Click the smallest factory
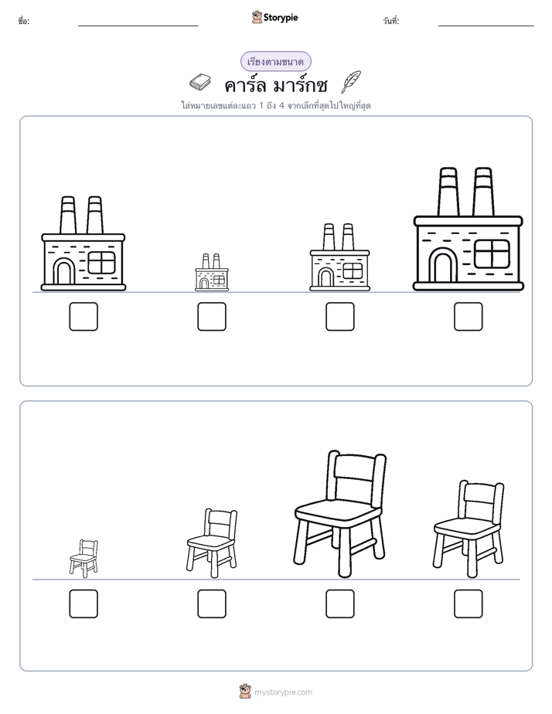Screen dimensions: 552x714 212,272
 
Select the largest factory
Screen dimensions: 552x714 469,229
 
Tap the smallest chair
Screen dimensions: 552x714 84,558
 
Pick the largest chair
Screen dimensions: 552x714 339,514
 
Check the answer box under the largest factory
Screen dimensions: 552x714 469,317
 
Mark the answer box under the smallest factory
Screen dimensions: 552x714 212,317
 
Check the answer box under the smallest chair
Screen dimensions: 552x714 83,603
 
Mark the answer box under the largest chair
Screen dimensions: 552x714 339,603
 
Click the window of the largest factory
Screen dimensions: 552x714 492,254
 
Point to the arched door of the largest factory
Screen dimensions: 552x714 443,265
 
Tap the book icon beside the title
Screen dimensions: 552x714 200,83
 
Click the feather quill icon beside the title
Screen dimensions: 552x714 351,82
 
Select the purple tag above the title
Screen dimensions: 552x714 275,62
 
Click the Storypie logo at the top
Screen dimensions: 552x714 274,18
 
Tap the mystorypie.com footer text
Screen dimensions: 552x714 283,692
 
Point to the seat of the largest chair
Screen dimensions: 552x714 339,513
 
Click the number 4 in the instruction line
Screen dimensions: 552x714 281,106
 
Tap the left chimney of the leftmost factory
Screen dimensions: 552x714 68,215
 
